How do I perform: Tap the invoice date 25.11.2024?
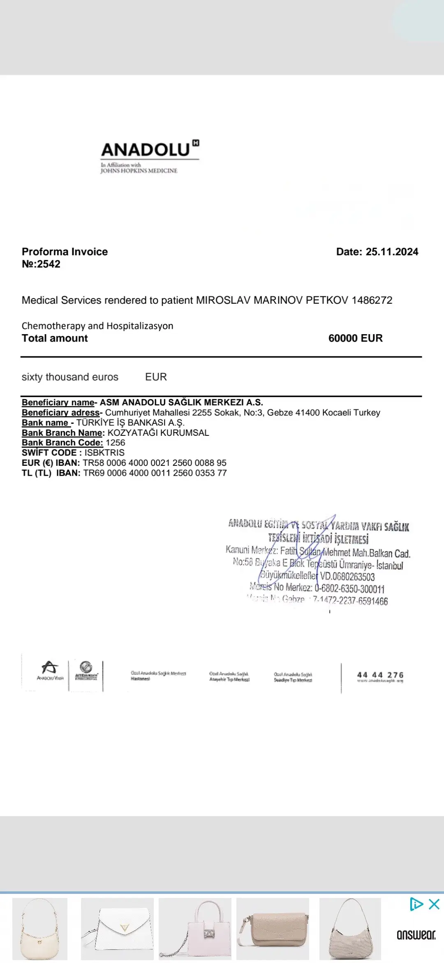click(x=392, y=252)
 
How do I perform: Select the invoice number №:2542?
click(x=41, y=264)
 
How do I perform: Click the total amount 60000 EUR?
click(x=355, y=338)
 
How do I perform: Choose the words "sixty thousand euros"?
click(x=70, y=377)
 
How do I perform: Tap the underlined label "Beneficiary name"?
click(x=58, y=402)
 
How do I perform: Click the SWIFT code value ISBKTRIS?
click(x=104, y=453)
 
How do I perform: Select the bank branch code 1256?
click(x=115, y=443)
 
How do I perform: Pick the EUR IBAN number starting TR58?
click(x=155, y=463)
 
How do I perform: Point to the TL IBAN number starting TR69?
click(x=155, y=473)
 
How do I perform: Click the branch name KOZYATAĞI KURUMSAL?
click(x=158, y=433)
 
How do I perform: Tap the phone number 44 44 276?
click(x=380, y=675)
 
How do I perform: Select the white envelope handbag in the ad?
click(x=117, y=928)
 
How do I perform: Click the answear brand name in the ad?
click(x=416, y=935)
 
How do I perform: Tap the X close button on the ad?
click(x=434, y=904)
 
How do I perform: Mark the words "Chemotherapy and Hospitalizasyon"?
click(x=97, y=326)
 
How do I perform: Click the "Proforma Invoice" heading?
click(x=65, y=252)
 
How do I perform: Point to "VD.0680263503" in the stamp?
click(x=347, y=577)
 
